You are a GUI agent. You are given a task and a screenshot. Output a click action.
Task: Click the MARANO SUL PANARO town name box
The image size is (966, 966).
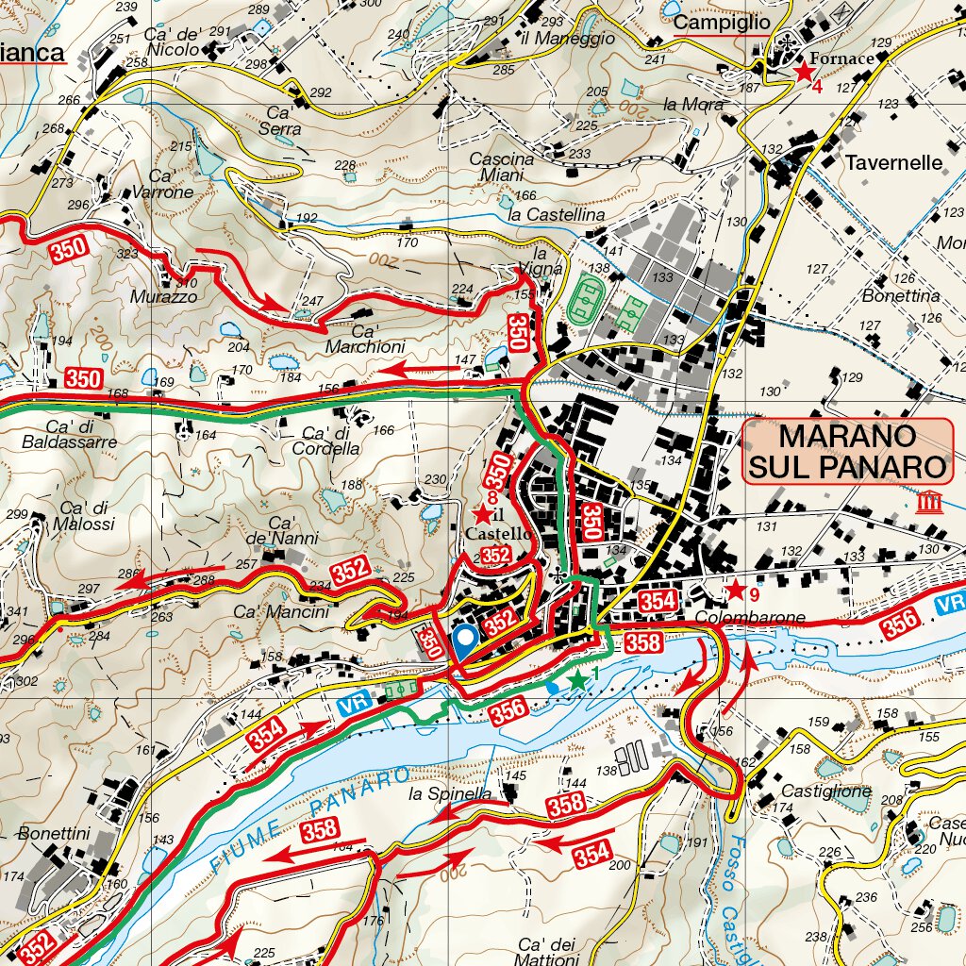pyautogui.click(x=845, y=451)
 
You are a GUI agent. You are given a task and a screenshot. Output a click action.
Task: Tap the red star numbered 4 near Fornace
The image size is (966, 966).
pyautogui.click(x=804, y=72)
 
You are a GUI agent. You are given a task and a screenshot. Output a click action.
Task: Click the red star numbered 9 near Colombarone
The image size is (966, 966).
pyautogui.click(x=734, y=591)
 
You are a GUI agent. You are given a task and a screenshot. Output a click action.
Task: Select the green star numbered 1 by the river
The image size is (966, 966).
pyautogui.click(x=576, y=679)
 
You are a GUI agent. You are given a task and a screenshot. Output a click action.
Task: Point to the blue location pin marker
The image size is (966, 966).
pyautogui.click(x=463, y=641)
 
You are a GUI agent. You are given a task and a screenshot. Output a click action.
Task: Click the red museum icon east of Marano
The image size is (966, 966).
pyautogui.click(x=927, y=502)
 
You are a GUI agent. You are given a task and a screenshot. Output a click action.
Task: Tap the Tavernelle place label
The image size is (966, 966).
pyautogui.click(x=892, y=162)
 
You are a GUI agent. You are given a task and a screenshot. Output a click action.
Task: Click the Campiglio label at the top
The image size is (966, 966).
pyautogui.click(x=724, y=22)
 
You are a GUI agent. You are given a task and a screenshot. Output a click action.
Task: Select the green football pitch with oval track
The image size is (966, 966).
pyautogui.click(x=590, y=299)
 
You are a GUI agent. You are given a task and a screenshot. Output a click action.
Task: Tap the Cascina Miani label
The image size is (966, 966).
pyautogui.click(x=501, y=167)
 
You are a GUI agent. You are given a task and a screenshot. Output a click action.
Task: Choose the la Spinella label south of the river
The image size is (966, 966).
pyautogui.click(x=450, y=794)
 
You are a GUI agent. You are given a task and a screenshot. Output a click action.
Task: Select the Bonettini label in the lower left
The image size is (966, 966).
pyautogui.click(x=53, y=834)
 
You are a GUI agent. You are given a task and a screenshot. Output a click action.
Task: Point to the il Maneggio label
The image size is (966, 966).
pyautogui.click(x=566, y=39)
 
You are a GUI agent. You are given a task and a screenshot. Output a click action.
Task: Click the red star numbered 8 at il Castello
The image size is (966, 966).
pyautogui.click(x=482, y=515)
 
